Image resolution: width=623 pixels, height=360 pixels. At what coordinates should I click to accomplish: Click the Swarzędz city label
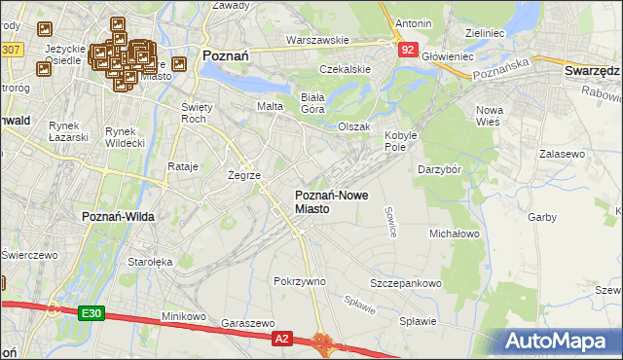pos(592,71)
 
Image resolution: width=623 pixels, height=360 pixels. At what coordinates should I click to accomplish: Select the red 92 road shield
pos(407,48)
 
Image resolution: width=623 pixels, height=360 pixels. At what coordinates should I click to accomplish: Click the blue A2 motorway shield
pos(281,338)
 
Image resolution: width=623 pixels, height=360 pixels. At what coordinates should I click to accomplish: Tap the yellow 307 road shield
pos(12,49)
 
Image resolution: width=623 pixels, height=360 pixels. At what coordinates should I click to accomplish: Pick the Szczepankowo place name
pos(405,283)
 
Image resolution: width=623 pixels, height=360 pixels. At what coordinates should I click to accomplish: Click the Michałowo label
pos(455,234)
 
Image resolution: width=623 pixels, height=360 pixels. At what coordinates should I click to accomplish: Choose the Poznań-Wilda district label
pos(115,216)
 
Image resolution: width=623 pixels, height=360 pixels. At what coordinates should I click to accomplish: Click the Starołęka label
pos(149,262)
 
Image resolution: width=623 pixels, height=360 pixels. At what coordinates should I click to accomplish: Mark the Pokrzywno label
pos(300,281)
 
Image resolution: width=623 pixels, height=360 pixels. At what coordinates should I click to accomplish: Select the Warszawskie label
pos(317,41)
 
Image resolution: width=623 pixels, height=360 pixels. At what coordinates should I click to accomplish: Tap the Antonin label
pos(413,22)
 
